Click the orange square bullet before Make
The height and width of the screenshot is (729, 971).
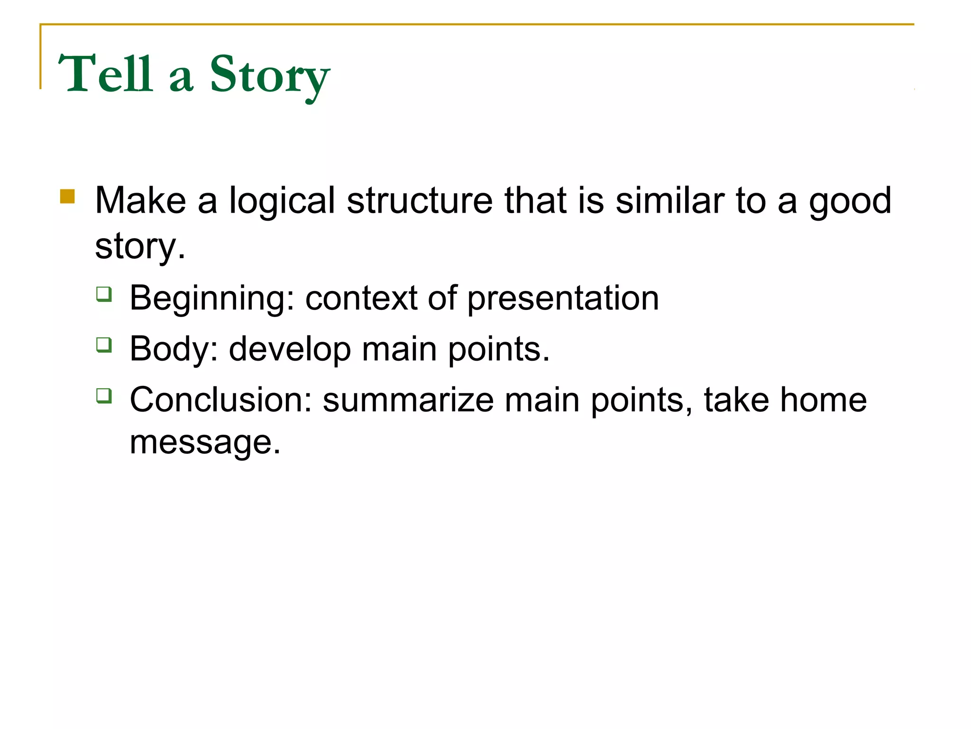tap(67, 196)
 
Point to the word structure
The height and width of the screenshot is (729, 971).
tap(420, 201)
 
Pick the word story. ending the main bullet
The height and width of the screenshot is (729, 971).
tap(140, 247)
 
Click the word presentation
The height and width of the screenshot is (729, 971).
tap(563, 299)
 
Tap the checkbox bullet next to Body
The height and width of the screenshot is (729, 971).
tap(104, 345)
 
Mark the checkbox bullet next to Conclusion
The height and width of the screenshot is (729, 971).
tap(104, 395)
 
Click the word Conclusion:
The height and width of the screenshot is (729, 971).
tap(220, 400)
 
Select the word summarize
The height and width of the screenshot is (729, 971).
tap(408, 400)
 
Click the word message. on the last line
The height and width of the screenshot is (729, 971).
tap(205, 442)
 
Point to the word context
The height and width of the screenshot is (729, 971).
tap(361, 299)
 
